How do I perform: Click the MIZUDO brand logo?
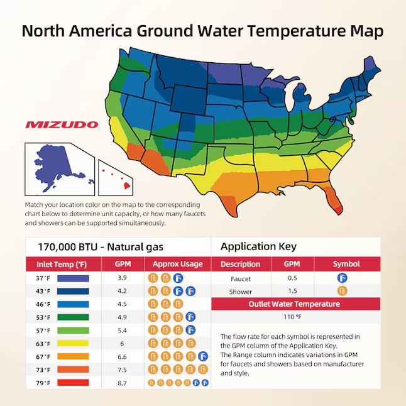click(x=62, y=124)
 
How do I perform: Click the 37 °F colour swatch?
click(x=73, y=278)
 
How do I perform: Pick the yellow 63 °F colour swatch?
click(x=73, y=343)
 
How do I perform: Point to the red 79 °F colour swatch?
click(x=73, y=382)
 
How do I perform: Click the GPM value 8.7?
click(x=123, y=382)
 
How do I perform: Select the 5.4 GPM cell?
click(x=123, y=330)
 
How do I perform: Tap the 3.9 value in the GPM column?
click(x=123, y=278)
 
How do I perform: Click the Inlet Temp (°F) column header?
click(x=61, y=264)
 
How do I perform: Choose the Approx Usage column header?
click(x=178, y=264)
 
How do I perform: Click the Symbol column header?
click(x=346, y=264)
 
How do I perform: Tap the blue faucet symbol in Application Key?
click(x=343, y=278)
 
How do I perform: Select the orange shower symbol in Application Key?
click(x=343, y=291)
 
